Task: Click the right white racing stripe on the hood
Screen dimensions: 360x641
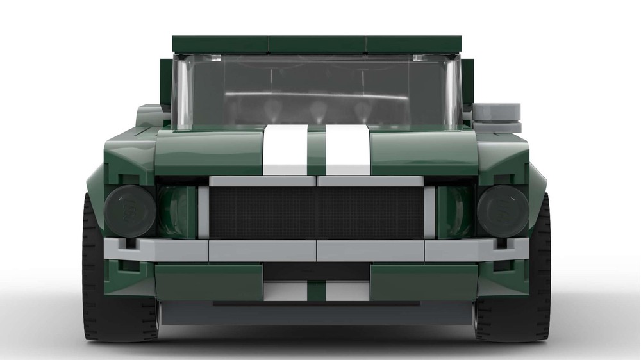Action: pos(347,150)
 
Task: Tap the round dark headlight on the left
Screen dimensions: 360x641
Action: pos(130,211)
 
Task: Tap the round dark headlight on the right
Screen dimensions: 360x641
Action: pos(503,211)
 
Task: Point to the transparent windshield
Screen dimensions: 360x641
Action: pos(317,90)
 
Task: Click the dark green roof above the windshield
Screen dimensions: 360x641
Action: pos(317,44)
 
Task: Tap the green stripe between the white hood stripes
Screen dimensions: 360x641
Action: pos(316,150)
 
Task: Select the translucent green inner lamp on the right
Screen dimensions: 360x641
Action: pos(455,211)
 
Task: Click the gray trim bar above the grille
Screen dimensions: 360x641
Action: pos(317,181)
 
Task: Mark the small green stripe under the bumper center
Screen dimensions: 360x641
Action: pos(316,291)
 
